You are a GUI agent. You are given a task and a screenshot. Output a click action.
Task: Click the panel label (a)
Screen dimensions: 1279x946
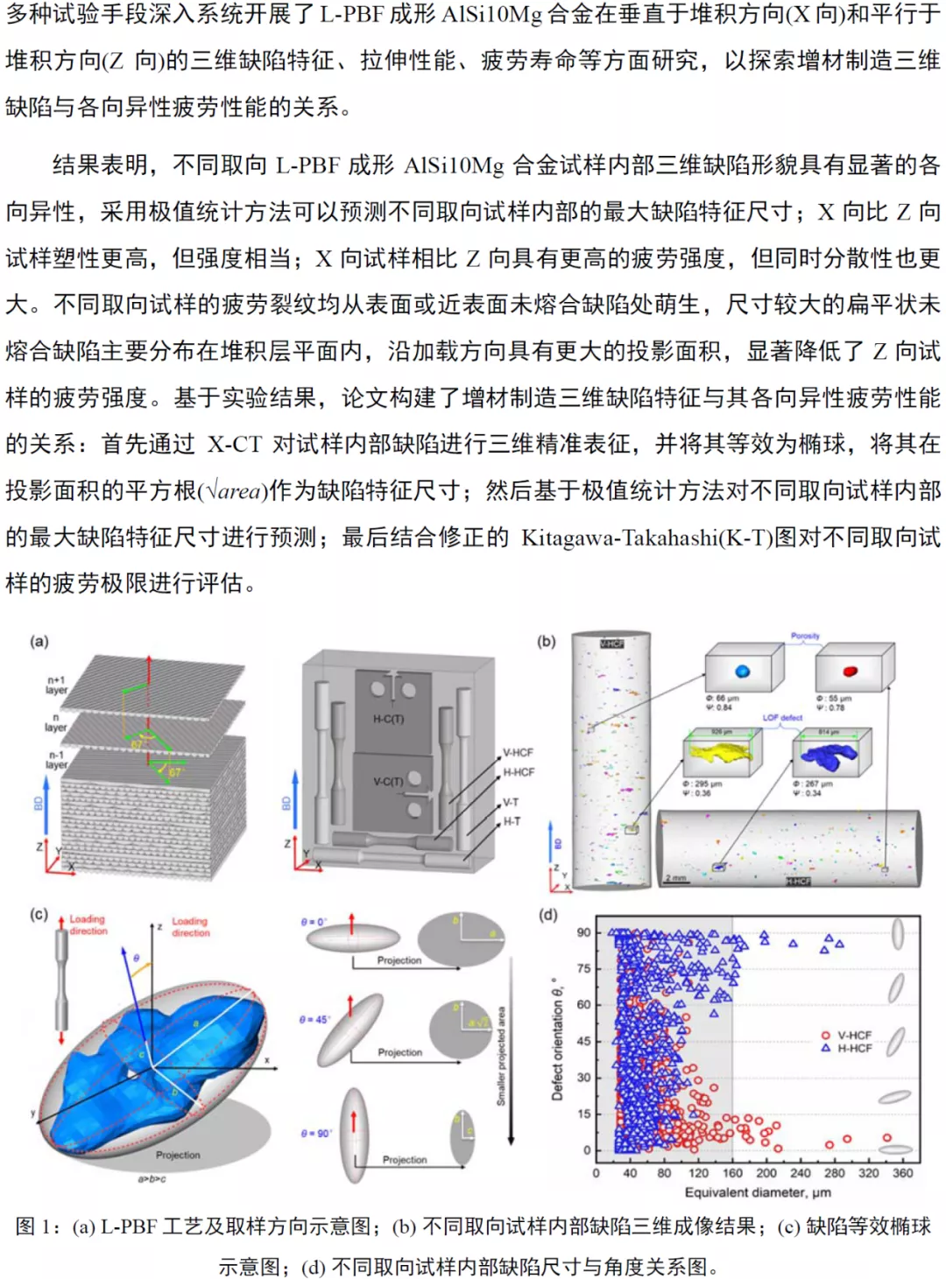(x=39, y=642)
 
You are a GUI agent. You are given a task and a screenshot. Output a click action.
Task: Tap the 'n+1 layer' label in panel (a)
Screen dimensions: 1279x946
(x=56, y=685)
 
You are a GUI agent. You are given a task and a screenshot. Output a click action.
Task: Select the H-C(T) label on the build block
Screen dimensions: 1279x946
(x=388, y=719)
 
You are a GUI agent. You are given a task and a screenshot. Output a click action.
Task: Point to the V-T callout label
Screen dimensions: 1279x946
(x=511, y=802)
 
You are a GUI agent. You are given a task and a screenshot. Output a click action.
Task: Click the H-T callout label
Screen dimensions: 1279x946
(x=512, y=821)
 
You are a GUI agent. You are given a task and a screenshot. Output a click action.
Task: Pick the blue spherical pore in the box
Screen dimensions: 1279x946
(x=743, y=671)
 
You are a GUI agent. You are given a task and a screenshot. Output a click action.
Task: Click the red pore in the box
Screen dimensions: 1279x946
(x=850, y=671)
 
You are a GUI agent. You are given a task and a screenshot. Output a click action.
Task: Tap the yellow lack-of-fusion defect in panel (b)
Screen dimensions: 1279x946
(x=720, y=752)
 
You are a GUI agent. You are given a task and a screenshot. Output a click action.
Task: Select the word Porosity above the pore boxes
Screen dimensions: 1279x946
(x=805, y=636)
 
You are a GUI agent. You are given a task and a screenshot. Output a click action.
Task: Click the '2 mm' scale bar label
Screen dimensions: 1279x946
(x=675, y=877)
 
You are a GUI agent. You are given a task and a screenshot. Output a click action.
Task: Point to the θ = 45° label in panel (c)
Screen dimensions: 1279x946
(x=314, y=1020)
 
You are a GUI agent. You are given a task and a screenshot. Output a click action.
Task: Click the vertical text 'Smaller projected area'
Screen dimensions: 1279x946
(x=501, y=1055)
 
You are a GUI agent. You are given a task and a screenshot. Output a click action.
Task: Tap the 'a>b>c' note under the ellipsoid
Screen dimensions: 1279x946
(x=152, y=1179)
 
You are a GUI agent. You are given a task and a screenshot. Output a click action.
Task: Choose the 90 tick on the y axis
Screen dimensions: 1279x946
(x=583, y=932)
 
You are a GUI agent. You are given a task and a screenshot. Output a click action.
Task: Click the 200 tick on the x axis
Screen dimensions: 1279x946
(x=766, y=1173)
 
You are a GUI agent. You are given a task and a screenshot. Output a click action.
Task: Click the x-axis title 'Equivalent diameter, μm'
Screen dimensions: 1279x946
(x=758, y=1192)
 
